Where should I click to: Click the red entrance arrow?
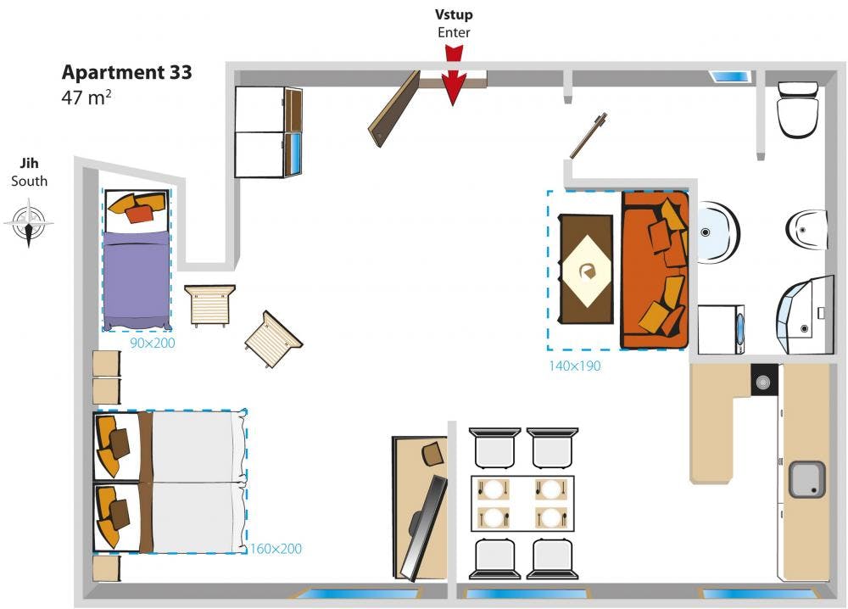click(x=455, y=82)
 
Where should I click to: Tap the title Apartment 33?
click(x=127, y=72)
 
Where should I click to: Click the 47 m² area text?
click(x=86, y=97)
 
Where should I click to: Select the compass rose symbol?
click(x=29, y=223)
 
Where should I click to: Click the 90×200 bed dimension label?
click(x=153, y=344)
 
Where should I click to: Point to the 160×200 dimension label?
click(x=276, y=549)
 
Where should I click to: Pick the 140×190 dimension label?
click(x=574, y=366)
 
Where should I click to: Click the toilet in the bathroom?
click(x=798, y=109)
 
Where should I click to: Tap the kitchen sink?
click(x=806, y=479)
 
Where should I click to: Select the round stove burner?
click(x=764, y=381)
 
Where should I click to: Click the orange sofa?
click(x=654, y=270)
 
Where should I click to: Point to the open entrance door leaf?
click(x=394, y=108)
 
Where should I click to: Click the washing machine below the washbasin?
click(x=722, y=329)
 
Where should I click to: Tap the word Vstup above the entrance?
click(x=454, y=14)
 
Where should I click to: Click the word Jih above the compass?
click(x=29, y=164)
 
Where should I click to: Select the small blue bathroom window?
click(x=729, y=76)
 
